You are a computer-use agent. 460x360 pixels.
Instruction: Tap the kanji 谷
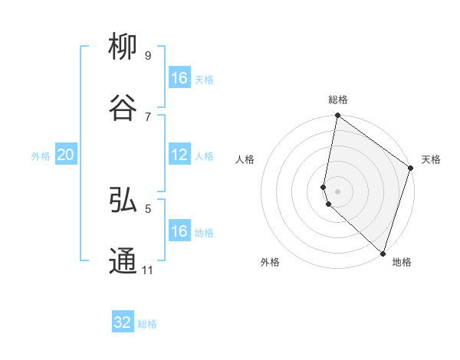(123, 107)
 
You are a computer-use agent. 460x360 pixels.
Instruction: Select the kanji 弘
(123, 201)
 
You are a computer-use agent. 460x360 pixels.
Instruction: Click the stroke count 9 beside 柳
(147, 55)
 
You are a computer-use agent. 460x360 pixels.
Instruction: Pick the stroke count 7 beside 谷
(147, 116)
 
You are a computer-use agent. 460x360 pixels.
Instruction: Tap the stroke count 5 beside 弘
(147, 208)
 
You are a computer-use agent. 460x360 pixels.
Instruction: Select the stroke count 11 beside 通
(147, 270)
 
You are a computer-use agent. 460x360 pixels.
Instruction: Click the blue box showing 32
(123, 322)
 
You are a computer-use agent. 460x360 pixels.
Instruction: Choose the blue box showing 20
(65, 155)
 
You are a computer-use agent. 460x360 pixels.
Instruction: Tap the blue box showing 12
(179, 155)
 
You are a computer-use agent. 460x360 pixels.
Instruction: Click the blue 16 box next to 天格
(179, 78)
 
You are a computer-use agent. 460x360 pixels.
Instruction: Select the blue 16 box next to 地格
(179, 231)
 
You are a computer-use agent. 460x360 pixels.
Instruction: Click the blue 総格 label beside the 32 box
(147, 324)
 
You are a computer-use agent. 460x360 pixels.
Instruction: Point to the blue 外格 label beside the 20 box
(41, 156)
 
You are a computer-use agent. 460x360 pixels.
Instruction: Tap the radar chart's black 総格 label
(338, 100)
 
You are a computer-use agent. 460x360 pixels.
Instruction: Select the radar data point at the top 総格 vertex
(338, 116)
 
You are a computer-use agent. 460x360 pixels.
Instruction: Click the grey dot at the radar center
(338, 191)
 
